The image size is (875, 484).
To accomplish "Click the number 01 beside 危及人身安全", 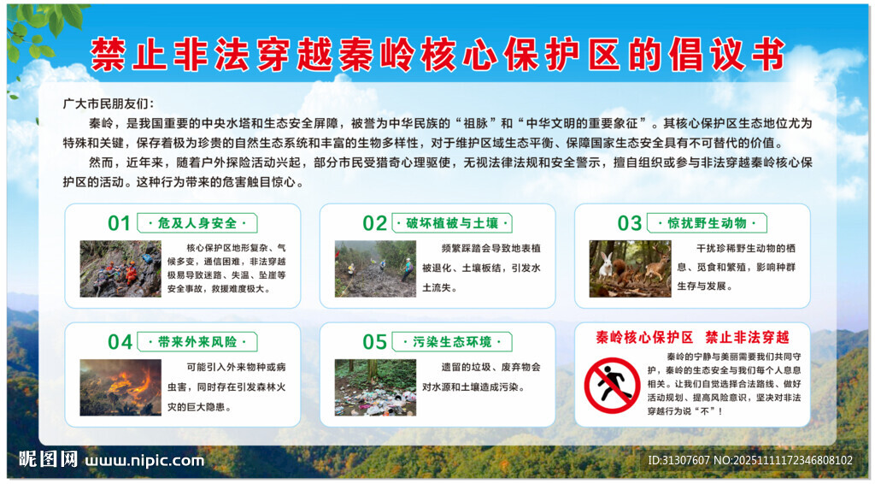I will coord(119,224).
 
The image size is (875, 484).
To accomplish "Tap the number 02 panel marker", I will coord(374,224).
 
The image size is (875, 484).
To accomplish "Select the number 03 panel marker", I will coord(629,224).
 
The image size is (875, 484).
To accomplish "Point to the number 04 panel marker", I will coord(119,342).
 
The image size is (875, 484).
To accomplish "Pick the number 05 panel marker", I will coord(374,342).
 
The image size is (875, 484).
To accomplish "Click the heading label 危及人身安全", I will coord(197,224).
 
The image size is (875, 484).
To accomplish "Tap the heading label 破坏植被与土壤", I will coord(451,224).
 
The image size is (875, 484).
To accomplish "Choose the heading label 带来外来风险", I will coord(197,342).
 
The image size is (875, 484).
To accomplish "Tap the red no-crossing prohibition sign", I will coord(612,386).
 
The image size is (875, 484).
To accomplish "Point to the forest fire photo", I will coord(120,387).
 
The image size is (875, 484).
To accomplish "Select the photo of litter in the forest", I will coord(375,387).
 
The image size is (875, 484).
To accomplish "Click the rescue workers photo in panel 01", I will coord(120,269).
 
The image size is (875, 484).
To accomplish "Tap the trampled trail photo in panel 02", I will coord(375,269).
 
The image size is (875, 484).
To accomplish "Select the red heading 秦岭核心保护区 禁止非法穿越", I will coord(692,337).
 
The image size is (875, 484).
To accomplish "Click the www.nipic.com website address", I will coord(144,460).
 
